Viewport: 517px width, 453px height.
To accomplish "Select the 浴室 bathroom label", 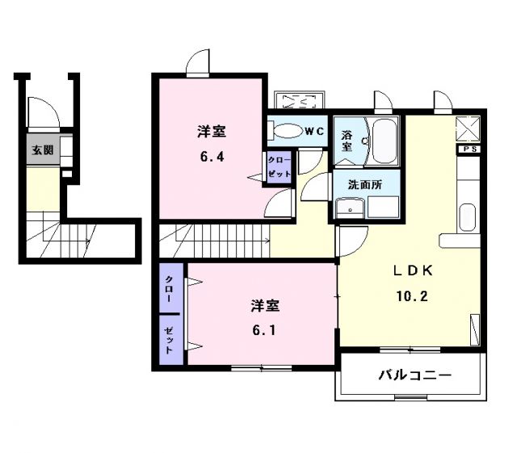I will click(347, 140).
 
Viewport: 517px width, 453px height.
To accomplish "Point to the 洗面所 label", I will click(364, 184).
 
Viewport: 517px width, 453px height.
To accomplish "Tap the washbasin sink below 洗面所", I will click(351, 209).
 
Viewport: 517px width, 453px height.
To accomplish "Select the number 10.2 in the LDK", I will click(411, 296).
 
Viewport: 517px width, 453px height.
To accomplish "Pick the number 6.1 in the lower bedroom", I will click(264, 330).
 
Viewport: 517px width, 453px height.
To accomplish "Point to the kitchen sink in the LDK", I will click(468, 218).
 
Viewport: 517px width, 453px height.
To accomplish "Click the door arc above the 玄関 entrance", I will click(39, 112).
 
